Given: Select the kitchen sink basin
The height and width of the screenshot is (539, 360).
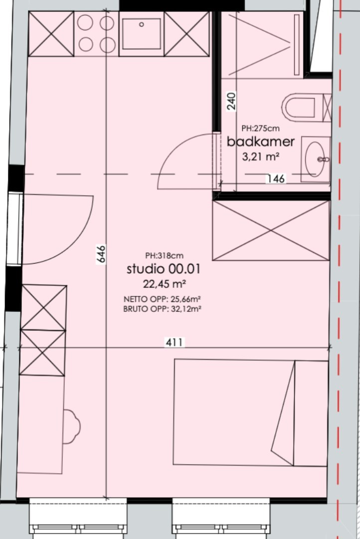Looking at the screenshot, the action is point(142,34).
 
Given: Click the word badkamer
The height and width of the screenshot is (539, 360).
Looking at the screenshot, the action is point(261,141).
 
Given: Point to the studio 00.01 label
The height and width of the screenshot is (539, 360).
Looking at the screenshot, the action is point(164,269).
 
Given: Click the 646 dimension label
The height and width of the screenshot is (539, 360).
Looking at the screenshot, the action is point(101,254).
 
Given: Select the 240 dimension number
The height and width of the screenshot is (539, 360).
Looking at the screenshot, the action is point(232,101).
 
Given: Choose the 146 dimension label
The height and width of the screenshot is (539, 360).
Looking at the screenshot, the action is point(276,178).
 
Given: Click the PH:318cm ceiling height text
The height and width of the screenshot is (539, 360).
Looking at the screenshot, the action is point(164,256).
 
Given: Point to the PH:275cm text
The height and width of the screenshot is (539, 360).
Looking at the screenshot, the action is point(260,128).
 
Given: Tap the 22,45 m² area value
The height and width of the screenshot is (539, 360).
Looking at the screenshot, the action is point(165,284).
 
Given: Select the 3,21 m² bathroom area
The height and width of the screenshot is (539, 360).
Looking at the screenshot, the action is point(260,157).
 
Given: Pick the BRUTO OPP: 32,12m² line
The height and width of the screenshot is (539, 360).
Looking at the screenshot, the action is point(162,309).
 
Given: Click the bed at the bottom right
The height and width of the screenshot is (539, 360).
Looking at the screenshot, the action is point(251,413).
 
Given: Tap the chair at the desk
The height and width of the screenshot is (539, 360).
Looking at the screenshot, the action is point(72,426).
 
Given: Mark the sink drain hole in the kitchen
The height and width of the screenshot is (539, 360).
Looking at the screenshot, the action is point(141,24).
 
